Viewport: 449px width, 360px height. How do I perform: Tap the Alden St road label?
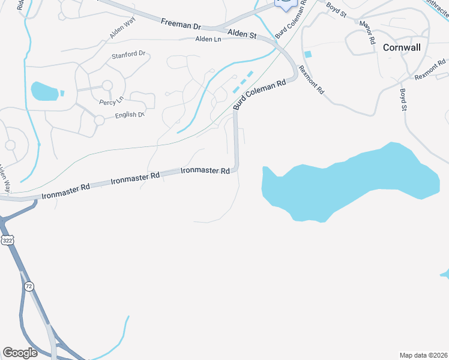click(243, 35)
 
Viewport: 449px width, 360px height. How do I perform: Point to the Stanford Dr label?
click(128, 54)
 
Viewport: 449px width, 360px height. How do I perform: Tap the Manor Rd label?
click(367, 33)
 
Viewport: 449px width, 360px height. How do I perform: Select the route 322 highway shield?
click(7, 240)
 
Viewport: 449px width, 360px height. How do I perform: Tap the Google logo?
click(20, 353)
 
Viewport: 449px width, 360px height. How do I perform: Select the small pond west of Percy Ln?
click(44, 91)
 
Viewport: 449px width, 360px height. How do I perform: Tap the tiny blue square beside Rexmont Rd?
click(308, 55)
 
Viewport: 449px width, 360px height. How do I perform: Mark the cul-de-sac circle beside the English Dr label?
click(99, 120)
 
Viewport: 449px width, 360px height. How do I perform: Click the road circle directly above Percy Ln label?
click(107, 86)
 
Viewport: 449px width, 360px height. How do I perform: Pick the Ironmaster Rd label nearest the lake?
click(205, 171)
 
